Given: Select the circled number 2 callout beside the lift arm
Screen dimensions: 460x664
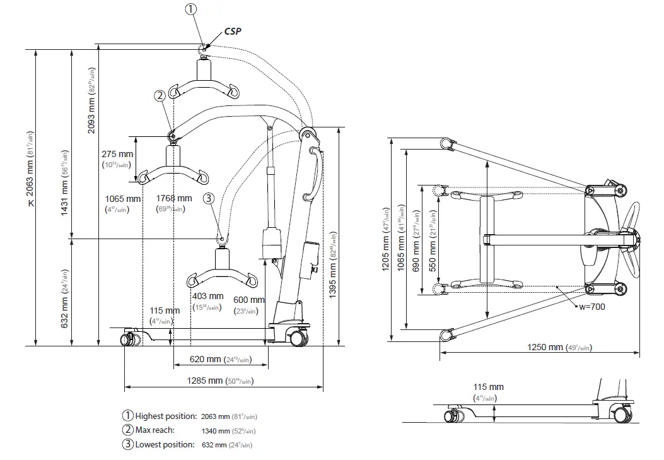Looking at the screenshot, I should [160, 95].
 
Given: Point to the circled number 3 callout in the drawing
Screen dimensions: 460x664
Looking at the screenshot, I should [209, 198].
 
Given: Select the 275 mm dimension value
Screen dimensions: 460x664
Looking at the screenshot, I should [117, 154].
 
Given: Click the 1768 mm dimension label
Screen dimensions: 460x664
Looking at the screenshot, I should [174, 199].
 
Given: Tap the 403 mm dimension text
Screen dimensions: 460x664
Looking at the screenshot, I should [207, 296].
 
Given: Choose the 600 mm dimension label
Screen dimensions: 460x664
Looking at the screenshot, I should [249, 300].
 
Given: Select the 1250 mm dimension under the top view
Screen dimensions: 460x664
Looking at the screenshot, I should [545, 347].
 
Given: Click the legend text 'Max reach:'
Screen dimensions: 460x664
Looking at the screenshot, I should [155, 430].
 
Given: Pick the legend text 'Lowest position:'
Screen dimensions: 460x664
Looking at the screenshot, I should [165, 444].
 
